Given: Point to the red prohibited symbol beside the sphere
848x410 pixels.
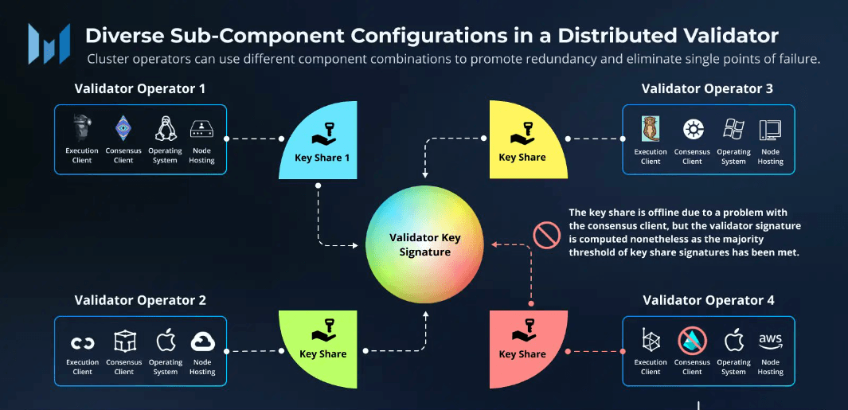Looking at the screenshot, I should point(547,236).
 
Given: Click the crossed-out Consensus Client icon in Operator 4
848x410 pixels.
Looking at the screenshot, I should point(692,342).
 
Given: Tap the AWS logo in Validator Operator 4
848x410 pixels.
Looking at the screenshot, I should point(770,341).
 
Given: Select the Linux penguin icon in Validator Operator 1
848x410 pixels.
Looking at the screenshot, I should point(166,128).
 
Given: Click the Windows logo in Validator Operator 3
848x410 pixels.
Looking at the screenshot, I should point(733,129).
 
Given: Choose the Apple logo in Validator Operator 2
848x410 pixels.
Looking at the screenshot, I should point(166,342).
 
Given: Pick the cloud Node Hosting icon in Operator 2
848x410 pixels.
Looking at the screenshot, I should point(202,342).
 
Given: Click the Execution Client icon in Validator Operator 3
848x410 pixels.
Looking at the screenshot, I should point(651,128).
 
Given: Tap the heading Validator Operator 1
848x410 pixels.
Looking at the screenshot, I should point(140,88).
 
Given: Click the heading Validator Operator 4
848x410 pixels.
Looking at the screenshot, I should point(708,300).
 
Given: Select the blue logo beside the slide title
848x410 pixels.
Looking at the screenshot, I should point(49,44).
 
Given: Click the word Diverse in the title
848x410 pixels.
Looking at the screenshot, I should point(121,36).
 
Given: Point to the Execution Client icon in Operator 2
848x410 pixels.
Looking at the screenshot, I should point(82,343).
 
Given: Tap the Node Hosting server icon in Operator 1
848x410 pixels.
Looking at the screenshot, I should point(202,129).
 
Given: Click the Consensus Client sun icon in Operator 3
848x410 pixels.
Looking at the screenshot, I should point(693,129).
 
